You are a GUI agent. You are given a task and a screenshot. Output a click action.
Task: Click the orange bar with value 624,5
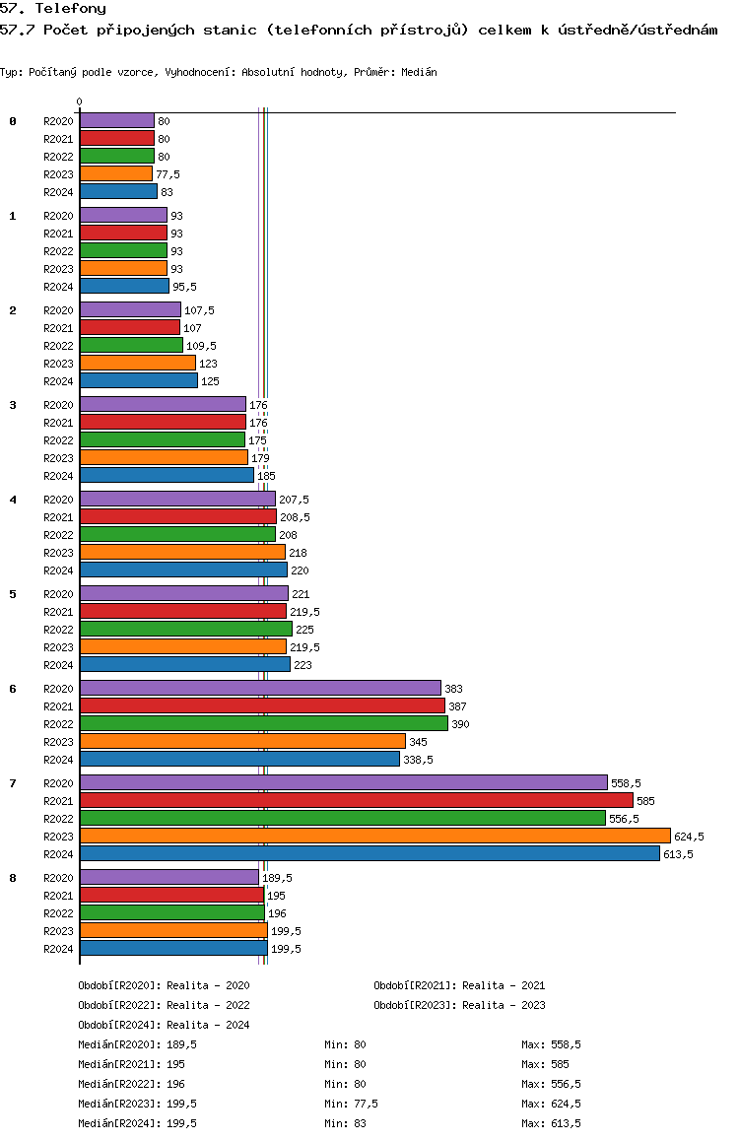(375, 836)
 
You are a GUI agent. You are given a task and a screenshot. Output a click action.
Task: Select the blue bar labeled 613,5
(369, 853)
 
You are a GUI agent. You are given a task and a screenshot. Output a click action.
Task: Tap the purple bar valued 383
(260, 688)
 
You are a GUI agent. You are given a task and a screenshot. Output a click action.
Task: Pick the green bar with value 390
(264, 723)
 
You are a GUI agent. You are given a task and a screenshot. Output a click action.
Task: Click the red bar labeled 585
(357, 800)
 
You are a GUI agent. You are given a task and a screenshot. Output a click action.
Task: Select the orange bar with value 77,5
(116, 174)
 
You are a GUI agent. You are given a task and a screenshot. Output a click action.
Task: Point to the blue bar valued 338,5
(240, 759)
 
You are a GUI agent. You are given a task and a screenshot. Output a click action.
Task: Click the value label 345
(418, 742)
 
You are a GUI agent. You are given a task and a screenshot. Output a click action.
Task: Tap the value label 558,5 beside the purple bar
(627, 783)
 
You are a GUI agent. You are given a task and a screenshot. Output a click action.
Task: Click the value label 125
(210, 381)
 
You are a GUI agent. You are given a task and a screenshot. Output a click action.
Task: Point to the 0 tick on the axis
(79, 101)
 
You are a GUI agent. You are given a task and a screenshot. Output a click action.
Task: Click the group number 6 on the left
(13, 689)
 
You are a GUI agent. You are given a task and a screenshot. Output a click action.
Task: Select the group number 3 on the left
(13, 405)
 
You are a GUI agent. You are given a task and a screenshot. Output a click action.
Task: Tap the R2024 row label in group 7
(58, 854)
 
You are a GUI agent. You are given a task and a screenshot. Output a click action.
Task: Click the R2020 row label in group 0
(58, 121)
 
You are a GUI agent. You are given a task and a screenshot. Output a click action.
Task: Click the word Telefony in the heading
(71, 9)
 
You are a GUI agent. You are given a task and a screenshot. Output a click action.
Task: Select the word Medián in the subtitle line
(419, 72)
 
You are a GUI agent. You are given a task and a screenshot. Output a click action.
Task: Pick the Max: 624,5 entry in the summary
(552, 1104)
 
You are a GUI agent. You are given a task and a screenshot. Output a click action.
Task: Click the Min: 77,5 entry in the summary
(352, 1104)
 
